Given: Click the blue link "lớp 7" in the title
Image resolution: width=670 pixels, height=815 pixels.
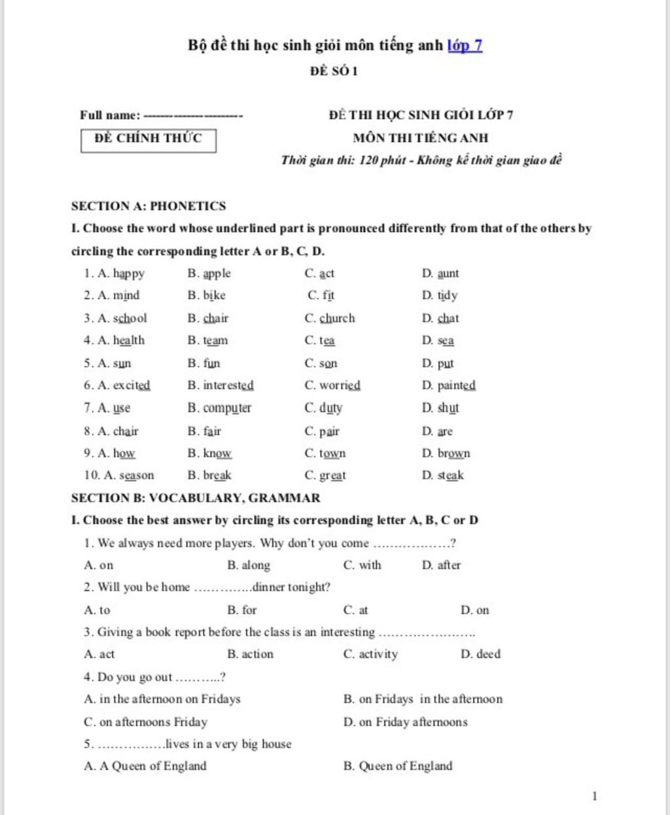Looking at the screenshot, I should [465, 45].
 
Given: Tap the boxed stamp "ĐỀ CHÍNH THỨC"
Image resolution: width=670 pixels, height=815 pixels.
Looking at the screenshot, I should [149, 139].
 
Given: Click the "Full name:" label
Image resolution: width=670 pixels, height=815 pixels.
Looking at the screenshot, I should [110, 115].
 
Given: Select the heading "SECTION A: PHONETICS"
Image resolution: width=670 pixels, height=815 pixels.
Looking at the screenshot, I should [149, 206].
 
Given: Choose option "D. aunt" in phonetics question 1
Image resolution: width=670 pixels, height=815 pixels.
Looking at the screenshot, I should [440, 273].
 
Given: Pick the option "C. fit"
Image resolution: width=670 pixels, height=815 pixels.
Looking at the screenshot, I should [321, 296].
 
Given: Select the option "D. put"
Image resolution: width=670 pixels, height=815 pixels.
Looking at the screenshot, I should [438, 363].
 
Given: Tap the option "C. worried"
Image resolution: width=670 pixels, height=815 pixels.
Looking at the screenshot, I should [332, 385].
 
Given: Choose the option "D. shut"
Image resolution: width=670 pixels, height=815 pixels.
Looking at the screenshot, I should [440, 408].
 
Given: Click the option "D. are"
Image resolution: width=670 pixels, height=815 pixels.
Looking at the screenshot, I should [437, 431].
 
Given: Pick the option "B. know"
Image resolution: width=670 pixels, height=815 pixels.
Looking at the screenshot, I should [209, 453].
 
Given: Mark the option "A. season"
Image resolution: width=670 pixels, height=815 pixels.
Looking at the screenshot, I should [119, 476].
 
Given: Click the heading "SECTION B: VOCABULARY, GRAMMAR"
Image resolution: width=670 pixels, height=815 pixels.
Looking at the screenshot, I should [196, 498].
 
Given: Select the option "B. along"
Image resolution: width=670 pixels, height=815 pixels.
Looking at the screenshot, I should [249, 565].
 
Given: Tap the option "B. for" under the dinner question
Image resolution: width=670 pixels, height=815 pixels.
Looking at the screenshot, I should [242, 610].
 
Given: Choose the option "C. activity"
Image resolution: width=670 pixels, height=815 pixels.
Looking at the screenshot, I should [370, 654].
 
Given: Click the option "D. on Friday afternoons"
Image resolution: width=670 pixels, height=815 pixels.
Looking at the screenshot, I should [406, 722].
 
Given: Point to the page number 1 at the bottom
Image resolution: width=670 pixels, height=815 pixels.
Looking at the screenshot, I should [594, 796].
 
